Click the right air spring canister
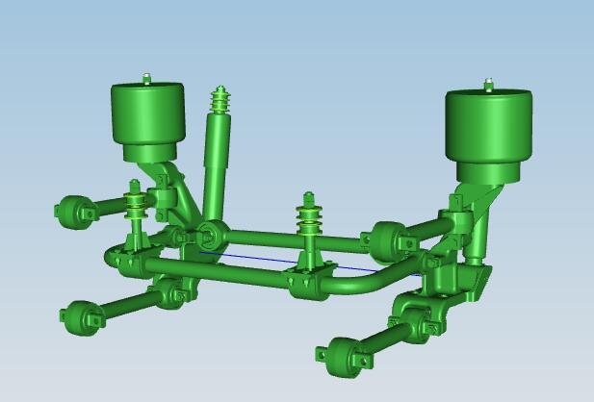coord(488,130)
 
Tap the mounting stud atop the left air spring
coord(147,78)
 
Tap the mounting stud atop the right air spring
coord(489,86)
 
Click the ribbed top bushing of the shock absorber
coord(220,100)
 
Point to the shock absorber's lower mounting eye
coord(210,233)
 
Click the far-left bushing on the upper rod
coord(72,212)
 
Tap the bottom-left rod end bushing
coord(81,317)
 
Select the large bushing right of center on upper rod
coord(388,240)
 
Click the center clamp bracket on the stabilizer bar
coord(308,282)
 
